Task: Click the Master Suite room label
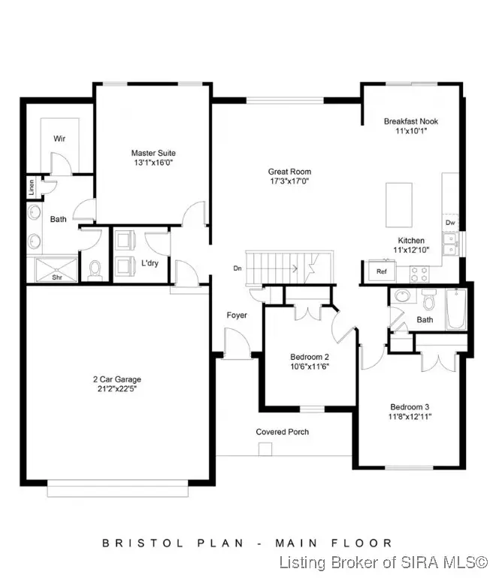tap(153, 153)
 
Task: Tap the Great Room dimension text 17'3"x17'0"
tap(289, 181)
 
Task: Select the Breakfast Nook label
tap(410, 120)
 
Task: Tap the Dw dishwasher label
tap(450, 223)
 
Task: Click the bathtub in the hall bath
tap(455, 310)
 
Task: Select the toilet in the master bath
tap(95, 269)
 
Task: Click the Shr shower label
tap(57, 276)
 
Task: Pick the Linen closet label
tap(32, 189)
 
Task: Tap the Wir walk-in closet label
tap(59, 138)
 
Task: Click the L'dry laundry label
tap(149, 263)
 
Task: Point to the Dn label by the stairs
tap(237, 267)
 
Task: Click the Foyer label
tap(237, 315)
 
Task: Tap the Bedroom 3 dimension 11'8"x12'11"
tap(410, 415)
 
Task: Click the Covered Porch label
tap(283, 431)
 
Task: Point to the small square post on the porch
tap(264, 449)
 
